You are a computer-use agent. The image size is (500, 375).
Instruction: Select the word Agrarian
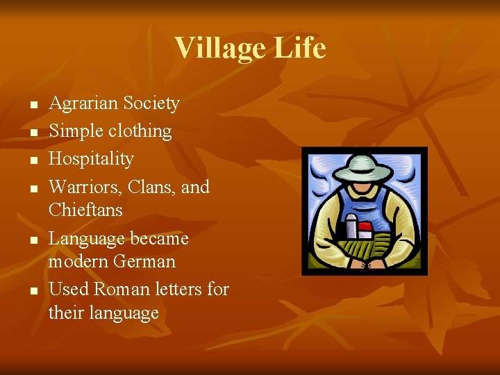pyautogui.click(x=83, y=103)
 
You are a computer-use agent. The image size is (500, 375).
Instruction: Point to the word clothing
pyautogui.click(x=139, y=131)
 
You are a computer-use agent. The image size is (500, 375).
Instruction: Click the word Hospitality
pyautogui.click(x=91, y=159)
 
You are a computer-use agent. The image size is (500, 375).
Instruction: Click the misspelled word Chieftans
pyautogui.click(x=85, y=210)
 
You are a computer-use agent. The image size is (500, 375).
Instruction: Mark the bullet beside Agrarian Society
pyautogui.click(x=32, y=105)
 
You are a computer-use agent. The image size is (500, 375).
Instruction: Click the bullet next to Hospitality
pyautogui.click(x=32, y=160)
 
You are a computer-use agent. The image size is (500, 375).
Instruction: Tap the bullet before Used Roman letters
pyautogui.click(x=32, y=290)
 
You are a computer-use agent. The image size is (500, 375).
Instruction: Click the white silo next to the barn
pyautogui.click(x=351, y=225)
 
